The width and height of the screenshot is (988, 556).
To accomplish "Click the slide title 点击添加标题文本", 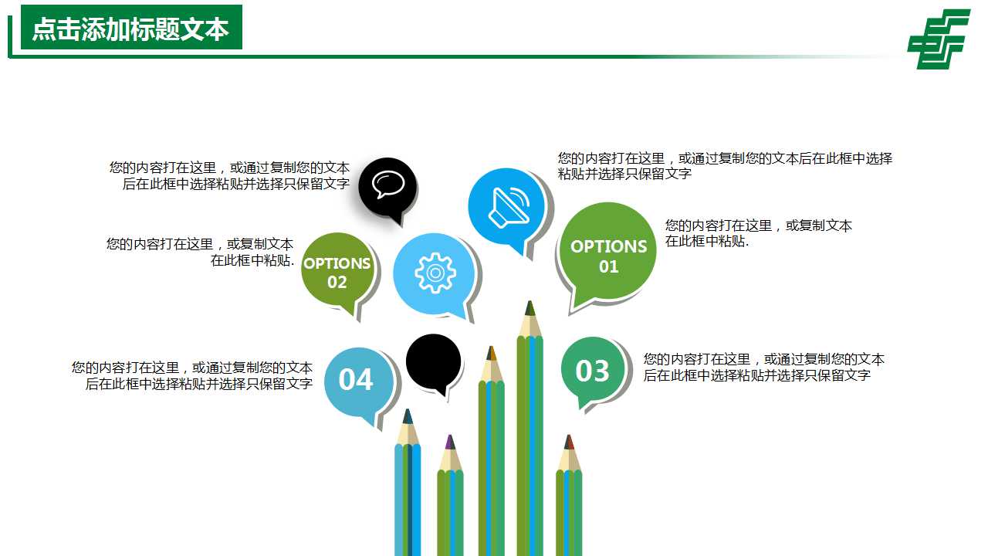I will click(130, 29).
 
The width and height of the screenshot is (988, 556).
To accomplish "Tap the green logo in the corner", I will click(939, 39).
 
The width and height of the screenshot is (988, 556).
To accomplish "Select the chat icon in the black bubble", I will click(387, 185).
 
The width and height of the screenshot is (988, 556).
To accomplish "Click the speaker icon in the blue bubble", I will click(508, 206).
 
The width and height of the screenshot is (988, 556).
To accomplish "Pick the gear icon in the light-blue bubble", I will click(435, 273).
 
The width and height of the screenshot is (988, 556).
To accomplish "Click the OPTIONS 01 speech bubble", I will click(608, 255).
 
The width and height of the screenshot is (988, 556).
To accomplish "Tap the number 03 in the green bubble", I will click(592, 371).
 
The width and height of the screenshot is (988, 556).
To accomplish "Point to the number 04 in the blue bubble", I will click(356, 380).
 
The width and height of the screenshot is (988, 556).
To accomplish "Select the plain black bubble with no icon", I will click(434, 361).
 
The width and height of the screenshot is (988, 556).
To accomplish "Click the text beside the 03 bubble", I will click(763, 368).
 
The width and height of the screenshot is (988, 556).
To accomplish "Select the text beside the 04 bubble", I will click(192, 376).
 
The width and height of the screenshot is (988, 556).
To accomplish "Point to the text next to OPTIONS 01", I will click(758, 233).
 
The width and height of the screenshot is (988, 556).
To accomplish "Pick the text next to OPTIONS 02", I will click(201, 252).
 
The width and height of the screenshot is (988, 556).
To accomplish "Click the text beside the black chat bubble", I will click(230, 176).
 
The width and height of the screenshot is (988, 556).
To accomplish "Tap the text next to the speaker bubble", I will click(725, 166).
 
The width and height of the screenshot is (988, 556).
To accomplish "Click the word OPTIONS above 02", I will click(337, 263).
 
